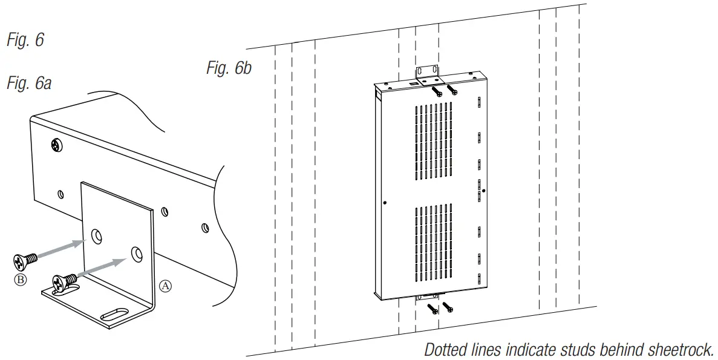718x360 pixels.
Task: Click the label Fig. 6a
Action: click(28, 83)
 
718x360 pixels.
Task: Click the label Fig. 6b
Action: click(228, 68)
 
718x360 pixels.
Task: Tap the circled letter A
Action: click(165, 285)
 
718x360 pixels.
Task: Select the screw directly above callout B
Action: click(25, 260)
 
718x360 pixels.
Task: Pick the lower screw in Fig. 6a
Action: click(65, 281)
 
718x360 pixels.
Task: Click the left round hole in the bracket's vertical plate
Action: click(96, 235)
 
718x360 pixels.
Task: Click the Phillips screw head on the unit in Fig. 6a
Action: click(56, 145)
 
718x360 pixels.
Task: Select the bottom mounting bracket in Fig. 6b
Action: click(427, 297)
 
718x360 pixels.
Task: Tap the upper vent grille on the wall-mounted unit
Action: click(433, 142)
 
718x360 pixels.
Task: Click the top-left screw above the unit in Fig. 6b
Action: click(437, 91)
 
